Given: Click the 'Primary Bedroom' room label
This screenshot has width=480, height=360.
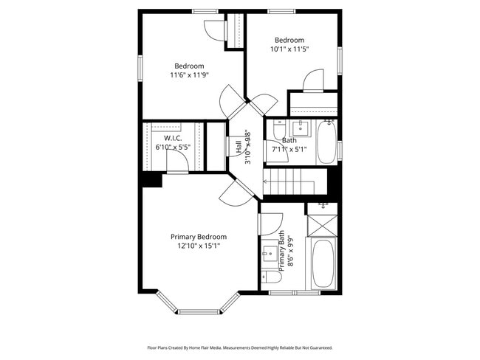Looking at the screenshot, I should point(198,236).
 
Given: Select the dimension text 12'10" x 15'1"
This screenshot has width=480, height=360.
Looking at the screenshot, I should point(198,246).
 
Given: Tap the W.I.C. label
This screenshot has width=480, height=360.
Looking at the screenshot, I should point(173,137).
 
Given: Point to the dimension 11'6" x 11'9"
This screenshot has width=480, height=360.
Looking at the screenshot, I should point(189,75).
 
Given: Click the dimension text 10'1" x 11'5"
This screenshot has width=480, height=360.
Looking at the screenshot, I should point(289,49).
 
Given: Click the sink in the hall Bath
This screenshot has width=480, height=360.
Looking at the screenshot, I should point(301,124).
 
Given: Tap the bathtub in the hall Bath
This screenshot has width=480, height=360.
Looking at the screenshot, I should point(326,142).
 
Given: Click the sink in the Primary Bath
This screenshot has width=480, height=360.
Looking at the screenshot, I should point(267,255).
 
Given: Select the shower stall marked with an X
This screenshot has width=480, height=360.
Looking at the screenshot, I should point(322,224).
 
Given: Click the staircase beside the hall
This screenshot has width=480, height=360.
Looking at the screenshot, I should point(295,181).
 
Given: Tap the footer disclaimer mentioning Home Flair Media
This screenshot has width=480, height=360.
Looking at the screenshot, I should point(239,347).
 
